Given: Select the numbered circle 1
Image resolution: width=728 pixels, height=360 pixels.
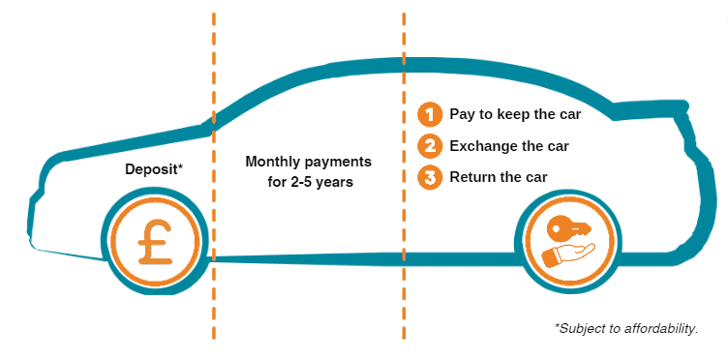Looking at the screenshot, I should (x=428, y=114).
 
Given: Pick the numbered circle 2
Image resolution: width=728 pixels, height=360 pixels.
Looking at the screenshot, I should (x=428, y=146).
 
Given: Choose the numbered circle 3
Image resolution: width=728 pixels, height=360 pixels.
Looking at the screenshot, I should (x=428, y=177).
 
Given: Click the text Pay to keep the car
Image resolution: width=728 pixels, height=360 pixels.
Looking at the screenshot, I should (x=514, y=114).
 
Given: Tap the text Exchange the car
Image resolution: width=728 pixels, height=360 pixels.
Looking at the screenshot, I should (x=508, y=146).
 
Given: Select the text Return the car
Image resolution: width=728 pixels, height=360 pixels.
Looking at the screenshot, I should (x=499, y=177).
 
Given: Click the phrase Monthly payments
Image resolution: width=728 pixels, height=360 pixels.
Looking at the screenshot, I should (x=308, y=161).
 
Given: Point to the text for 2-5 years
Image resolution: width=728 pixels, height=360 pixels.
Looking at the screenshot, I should (x=308, y=180).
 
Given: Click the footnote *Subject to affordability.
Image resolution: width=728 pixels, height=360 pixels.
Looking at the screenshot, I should (x=626, y=329).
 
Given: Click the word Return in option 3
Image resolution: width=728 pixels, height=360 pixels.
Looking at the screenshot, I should (x=472, y=177).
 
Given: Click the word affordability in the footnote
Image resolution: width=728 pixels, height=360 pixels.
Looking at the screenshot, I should (x=661, y=329).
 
